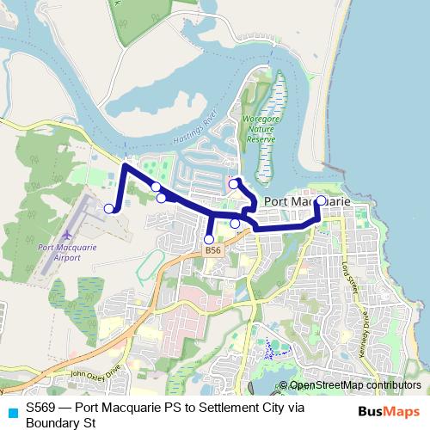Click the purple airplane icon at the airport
68,234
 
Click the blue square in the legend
11,409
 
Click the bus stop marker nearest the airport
109,208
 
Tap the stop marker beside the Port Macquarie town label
321,200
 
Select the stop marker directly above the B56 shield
208,239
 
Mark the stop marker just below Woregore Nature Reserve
233,183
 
